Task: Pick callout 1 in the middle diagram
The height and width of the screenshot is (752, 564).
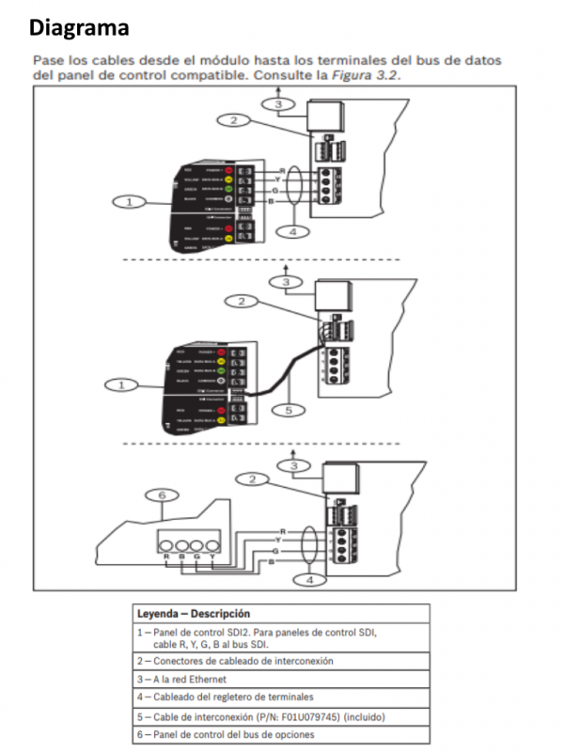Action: (120, 384)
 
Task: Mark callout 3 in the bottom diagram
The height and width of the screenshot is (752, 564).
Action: (294, 465)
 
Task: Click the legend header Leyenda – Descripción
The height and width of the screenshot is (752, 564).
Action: (194, 614)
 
